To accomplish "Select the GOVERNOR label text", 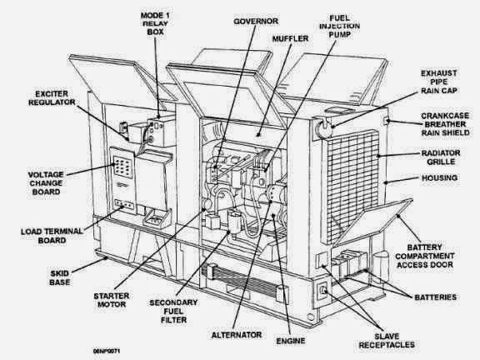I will coord(231,18).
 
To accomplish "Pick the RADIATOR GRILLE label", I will coord(437,158).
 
